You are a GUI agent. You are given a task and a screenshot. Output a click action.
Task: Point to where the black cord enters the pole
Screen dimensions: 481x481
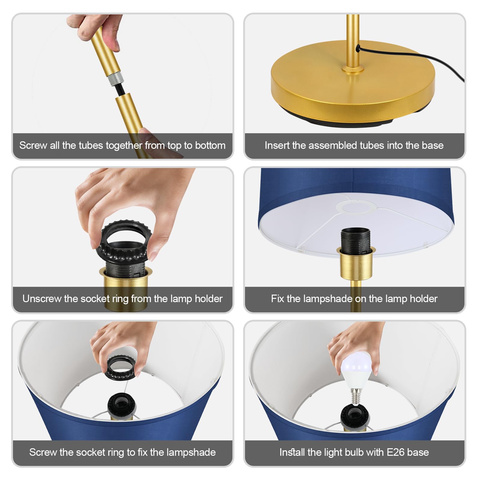(x=358, y=47)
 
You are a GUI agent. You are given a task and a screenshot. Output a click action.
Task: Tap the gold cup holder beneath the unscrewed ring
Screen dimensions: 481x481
(x=126, y=287)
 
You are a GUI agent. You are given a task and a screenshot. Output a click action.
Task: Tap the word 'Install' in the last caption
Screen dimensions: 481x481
(x=292, y=452)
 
